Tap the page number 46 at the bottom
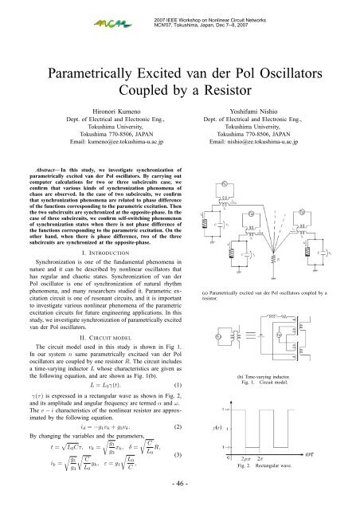(179, 483)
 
